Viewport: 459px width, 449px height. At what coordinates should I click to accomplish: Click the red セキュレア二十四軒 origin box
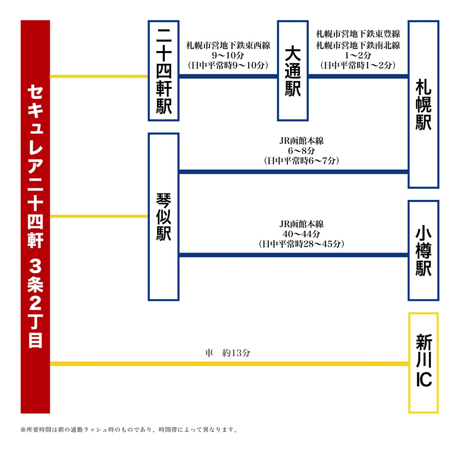tap(35, 216)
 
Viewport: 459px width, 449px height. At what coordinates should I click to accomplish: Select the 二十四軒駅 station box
tap(164, 70)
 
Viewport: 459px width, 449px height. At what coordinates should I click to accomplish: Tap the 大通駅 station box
tap(293, 70)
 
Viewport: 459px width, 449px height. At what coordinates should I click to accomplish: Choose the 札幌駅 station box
tap(423, 104)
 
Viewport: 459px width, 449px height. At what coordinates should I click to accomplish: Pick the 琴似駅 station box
tap(164, 217)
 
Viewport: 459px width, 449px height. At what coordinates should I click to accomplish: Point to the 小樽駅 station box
tap(423, 251)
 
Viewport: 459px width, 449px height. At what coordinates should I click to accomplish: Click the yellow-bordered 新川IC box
tap(423, 363)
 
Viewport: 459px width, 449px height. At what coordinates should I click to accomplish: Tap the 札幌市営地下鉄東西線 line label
tap(228, 45)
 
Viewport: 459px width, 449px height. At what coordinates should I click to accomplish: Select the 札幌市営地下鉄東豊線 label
tap(358, 34)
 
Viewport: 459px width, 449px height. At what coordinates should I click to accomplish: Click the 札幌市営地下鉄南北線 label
tap(358, 45)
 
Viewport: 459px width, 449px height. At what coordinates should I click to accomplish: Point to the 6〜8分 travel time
tap(301, 151)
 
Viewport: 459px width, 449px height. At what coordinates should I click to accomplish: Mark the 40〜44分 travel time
tap(301, 234)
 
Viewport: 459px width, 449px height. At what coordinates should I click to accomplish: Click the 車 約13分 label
tap(228, 353)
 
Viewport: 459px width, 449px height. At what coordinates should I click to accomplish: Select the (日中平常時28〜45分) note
tap(301, 244)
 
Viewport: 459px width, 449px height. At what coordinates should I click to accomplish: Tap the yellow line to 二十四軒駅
tap(99, 76)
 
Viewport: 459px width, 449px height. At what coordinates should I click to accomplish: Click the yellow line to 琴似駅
tap(99, 216)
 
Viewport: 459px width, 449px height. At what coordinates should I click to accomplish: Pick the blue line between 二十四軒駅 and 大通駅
tap(229, 76)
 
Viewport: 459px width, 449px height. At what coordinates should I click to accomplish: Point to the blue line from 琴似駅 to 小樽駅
tap(294, 255)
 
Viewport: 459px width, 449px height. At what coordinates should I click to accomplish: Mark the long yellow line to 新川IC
tap(229, 364)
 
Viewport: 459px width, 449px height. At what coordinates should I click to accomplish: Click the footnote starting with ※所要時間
tap(129, 429)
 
